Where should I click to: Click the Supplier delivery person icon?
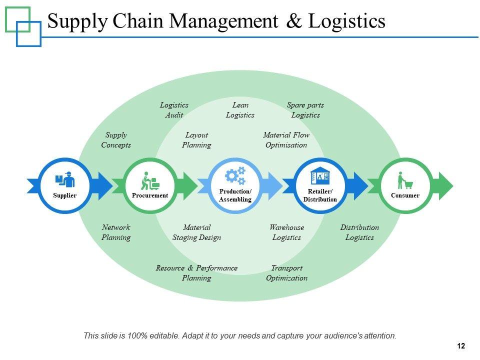coord(65,179)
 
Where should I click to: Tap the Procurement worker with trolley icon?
coord(150,180)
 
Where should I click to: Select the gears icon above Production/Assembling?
coord(235,175)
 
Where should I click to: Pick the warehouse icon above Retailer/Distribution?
coord(320,175)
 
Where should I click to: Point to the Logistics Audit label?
coord(174,110)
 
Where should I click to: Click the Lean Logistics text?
coord(240,110)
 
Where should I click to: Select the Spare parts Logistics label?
coord(305,110)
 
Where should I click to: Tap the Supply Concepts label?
coord(116,140)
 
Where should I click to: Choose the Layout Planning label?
coord(196,140)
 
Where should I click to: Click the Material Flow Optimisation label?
coord(286,140)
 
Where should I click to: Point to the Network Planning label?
coord(116,232)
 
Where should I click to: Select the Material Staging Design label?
coord(197,232)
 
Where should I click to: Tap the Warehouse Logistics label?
coord(287,232)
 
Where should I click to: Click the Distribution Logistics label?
coord(359,232)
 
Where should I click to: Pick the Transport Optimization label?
coord(287,273)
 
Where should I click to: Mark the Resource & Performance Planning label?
coord(196,273)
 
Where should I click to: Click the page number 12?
coord(461,346)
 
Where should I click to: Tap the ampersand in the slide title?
coord(294,21)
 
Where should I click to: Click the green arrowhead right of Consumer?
coord(446,186)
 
